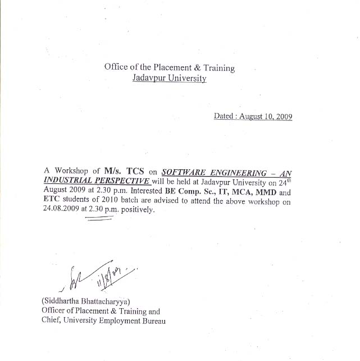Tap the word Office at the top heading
tap(116, 67)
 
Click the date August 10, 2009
tap(266, 117)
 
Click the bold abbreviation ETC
tap(52, 201)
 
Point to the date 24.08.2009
tap(62, 211)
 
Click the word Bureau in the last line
tap(150, 321)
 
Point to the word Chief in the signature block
tap(52, 321)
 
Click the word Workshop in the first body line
tap(71, 170)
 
